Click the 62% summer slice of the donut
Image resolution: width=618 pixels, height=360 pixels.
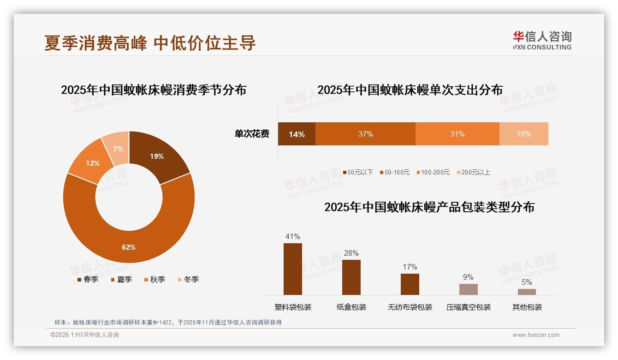[129, 240]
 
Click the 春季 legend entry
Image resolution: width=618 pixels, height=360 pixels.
[88, 279]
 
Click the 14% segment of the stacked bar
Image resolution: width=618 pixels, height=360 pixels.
[297, 134]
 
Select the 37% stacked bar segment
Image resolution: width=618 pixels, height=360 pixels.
[365, 134]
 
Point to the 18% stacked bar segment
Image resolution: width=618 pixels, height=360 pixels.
[523, 134]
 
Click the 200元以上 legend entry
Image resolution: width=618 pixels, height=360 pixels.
[473, 172]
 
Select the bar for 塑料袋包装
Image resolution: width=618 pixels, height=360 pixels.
[293, 269]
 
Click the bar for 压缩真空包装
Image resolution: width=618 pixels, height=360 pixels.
[468, 289]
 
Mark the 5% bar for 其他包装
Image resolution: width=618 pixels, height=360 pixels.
[527, 292]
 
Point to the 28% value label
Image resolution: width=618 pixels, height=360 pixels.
[351, 253]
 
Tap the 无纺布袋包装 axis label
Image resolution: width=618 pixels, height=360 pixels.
[410, 307]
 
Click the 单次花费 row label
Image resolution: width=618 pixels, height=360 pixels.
[252, 134]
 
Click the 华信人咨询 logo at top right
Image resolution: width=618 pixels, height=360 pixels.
[542, 40]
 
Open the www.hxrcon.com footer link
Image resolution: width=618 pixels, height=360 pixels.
[536, 335]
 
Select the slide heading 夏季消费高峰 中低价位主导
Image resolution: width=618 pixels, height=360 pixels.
[150, 43]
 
